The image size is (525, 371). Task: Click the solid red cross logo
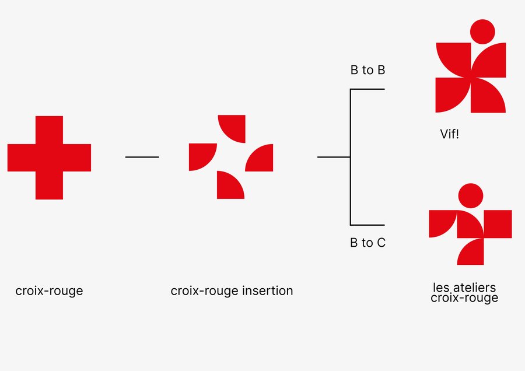pyautogui.click(x=49, y=157)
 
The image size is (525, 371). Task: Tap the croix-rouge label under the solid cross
pyautogui.click(x=49, y=290)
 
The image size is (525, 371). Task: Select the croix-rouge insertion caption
pyautogui.click(x=232, y=290)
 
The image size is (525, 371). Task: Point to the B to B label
pyautogui.click(x=367, y=71)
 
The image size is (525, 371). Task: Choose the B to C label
pyautogui.click(x=367, y=243)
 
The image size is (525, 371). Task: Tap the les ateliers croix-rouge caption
pyautogui.click(x=464, y=293)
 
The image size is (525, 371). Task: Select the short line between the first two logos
pyautogui.click(x=142, y=157)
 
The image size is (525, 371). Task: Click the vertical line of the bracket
pyautogui.click(x=350, y=157)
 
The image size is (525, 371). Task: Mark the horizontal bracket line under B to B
pyautogui.click(x=367, y=89)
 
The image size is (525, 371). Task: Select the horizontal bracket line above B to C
pyautogui.click(x=367, y=225)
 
